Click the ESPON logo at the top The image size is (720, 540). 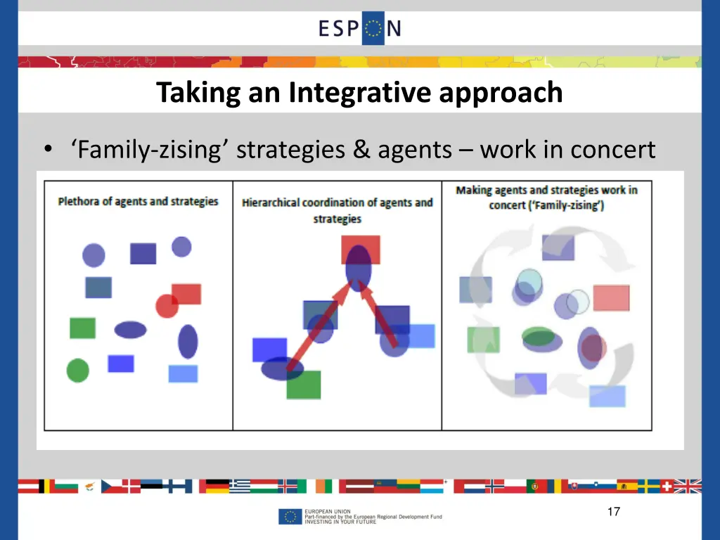pos(359,29)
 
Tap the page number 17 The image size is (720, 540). pos(613,512)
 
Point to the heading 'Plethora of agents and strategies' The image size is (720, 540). pos(138,201)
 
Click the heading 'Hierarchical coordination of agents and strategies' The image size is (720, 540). pos(337,210)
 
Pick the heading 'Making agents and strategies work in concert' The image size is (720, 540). pos(546,198)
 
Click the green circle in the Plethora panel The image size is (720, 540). pos(78,370)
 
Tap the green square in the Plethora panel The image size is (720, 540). pos(82,328)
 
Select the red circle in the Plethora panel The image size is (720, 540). pos(167,305)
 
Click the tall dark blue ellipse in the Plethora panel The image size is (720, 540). pos(188,342)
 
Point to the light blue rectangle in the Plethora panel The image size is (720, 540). pos(183,373)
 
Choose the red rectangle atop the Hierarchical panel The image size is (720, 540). pos(361,248)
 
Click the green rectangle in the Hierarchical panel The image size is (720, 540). pos(304,385)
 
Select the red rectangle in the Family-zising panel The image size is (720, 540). pos(611,298)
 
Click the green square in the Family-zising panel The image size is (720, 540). pos(483,340)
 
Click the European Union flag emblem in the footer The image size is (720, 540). pos(289,517)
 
